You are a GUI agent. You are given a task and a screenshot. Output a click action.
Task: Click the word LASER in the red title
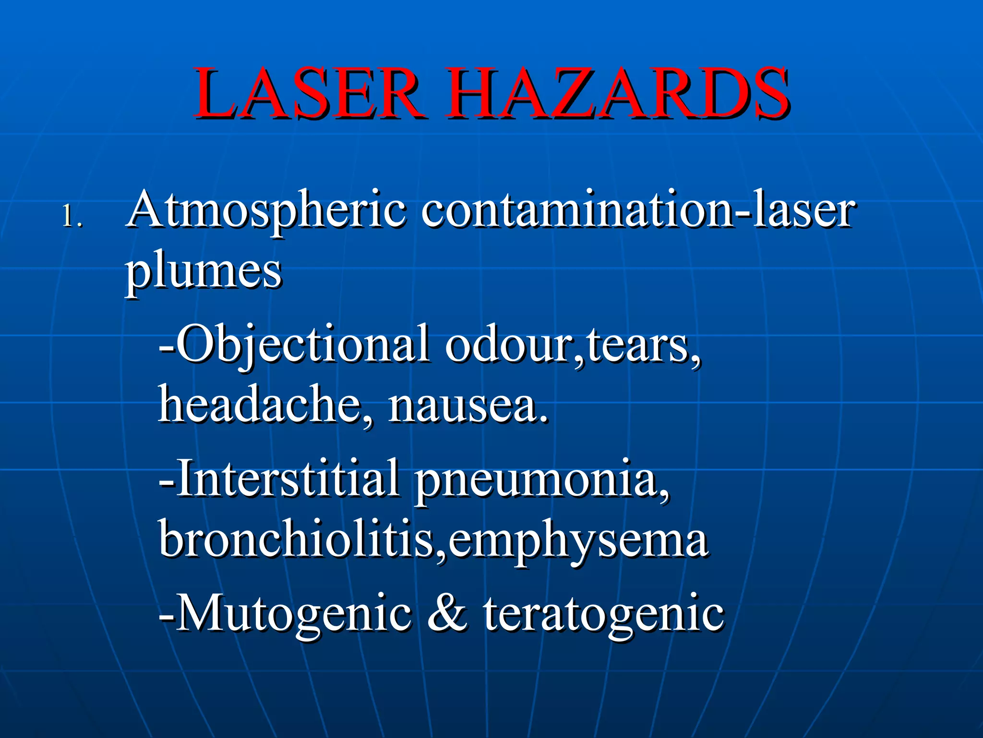click(307, 94)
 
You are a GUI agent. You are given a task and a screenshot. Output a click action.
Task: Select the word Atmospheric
click(267, 211)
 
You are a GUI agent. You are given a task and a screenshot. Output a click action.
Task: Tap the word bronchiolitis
click(296, 538)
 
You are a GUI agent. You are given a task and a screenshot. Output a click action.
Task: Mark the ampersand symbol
click(446, 613)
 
